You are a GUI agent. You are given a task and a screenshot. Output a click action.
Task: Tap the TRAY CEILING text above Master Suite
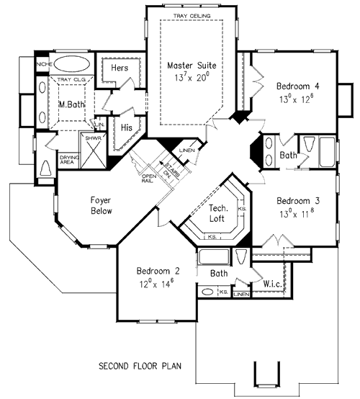(x=189, y=14)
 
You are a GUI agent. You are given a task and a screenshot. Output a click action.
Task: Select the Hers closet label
(x=120, y=68)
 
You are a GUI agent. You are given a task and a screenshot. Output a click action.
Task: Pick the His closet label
(x=127, y=127)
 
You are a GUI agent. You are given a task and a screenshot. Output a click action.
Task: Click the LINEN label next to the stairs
(x=186, y=149)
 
